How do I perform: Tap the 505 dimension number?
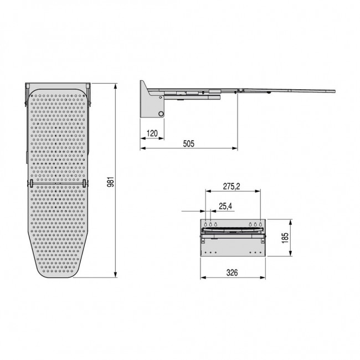pos(188,144)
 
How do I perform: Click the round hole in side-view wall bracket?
pos(161,114)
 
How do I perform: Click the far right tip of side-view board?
pos(335,90)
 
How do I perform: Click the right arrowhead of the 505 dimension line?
pos(236,148)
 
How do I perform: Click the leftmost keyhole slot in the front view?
pos(205,224)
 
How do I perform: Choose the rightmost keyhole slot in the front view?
pos(260,224)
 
